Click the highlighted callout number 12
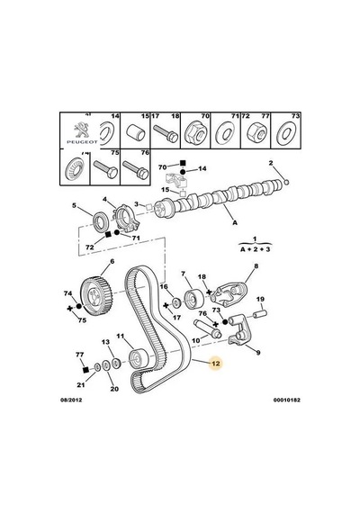pyautogui.click(x=216, y=364)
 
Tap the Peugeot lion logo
pyautogui.click(x=82, y=130)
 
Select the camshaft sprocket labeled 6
pyautogui.click(x=96, y=295)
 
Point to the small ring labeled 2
pyautogui.click(x=287, y=182)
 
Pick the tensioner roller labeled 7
pyautogui.click(x=193, y=299)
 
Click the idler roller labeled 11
pyautogui.click(x=139, y=358)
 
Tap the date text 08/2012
pyautogui.click(x=71, y=400)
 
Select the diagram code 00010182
pyautogui.click(x=287, y=400)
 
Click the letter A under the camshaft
pyautogui.click(x=235, y=222)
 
